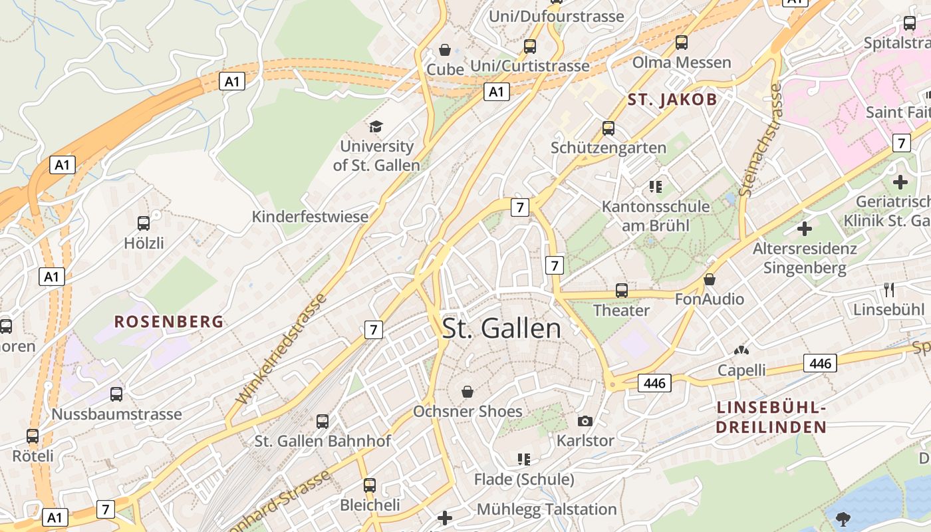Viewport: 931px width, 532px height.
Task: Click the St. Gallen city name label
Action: pos(501,329)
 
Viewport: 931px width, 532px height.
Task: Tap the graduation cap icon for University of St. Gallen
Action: pos(376,126)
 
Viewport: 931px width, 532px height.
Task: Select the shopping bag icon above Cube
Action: pos(445,50)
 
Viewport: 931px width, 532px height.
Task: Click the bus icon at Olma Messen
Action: pos(682,43)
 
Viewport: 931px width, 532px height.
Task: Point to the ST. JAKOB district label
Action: pos(672,100)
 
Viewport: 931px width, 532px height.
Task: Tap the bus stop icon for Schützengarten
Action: pos(608,128)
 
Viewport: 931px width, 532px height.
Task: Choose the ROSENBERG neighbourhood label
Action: pos(169,322)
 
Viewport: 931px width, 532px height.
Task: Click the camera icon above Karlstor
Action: pos(585,421)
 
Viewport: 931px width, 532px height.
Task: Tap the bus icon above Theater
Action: pos(622,291)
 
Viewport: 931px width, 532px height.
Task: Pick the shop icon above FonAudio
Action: pos(710,279)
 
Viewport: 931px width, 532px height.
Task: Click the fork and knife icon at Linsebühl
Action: pos(889,289)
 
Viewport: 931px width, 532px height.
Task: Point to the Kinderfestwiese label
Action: pos(310,217)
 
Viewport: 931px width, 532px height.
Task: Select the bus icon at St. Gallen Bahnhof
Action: pos(323,421)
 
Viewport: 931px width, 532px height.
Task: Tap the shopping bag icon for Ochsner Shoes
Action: pos(467,391)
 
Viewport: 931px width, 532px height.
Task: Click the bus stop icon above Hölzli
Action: pos(144,223)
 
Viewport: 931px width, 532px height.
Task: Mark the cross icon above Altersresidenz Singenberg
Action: pos(805,229)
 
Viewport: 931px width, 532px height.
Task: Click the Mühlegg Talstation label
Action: pos(547,509)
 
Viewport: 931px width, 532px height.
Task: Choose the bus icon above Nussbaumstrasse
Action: pos(116,394)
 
